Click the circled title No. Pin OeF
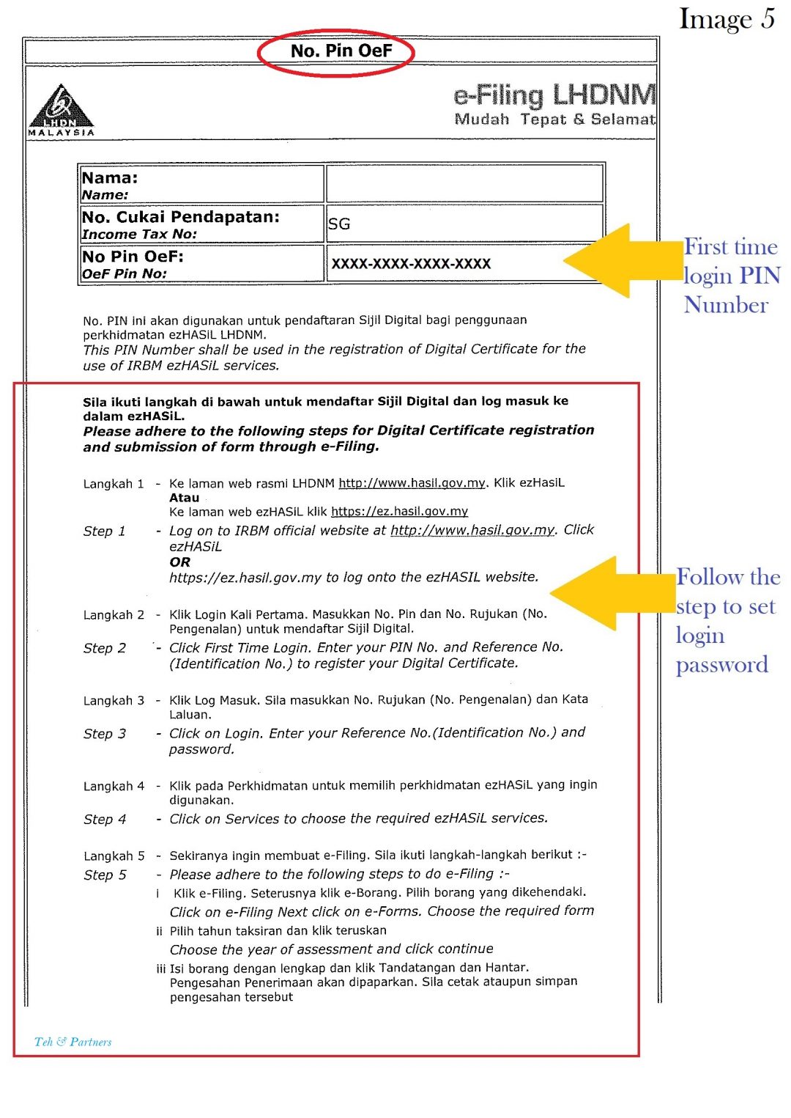[x=341, y=51]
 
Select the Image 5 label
[x=726, y=19]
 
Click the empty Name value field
[x=464, y=183]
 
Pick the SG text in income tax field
[x=339, y=224]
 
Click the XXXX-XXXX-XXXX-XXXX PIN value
[x=411, y=264]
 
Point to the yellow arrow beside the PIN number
[x=623, y=260]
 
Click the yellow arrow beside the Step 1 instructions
[x=612, y=592]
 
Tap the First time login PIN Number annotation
[x=731, y=276]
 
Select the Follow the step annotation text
[x=727, y=620]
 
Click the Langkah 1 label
[x=114, y=484]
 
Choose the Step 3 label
[x=105, y=734]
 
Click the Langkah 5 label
[x=114, y=856]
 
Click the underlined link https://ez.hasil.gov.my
[x=399, y=512]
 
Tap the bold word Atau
[x=184, y=498]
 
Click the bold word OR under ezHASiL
[x=179, y=562]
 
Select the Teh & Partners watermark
[x=73, y=1042]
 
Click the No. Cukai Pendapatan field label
[x=180, y=217]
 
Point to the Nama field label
[x=110, y=178]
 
